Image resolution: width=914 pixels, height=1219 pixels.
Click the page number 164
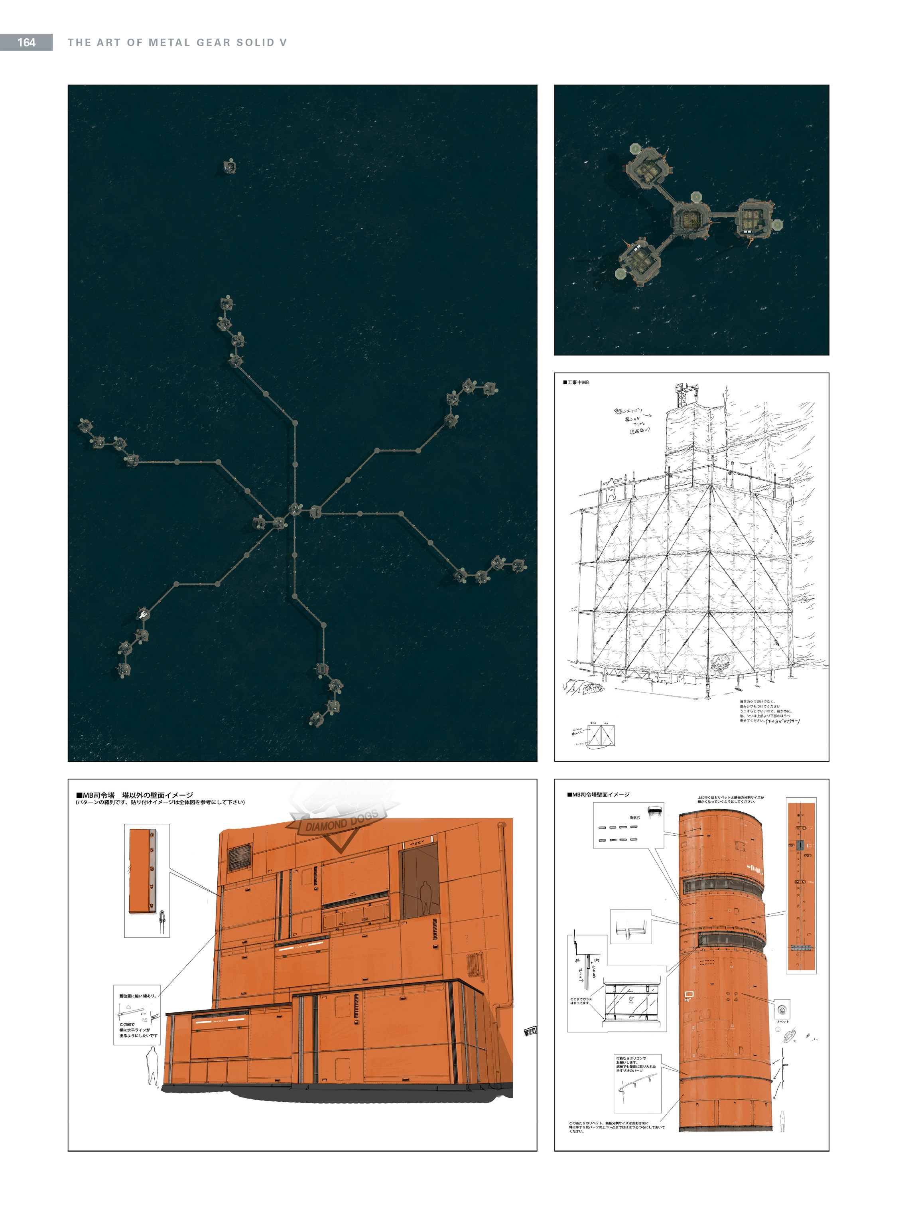(x=26, y=42)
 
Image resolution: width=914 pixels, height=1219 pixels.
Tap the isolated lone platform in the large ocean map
(x=230, y=166)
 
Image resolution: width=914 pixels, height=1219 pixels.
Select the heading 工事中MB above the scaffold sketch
(x=576, y=383)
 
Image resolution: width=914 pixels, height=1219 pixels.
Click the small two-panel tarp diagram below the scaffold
(x=601, y=735)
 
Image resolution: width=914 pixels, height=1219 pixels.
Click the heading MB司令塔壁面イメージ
(x=599, y=795)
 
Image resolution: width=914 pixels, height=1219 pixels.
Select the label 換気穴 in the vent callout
(x=635, y=818)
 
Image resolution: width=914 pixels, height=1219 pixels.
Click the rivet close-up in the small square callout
(x=782, y=1010)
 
